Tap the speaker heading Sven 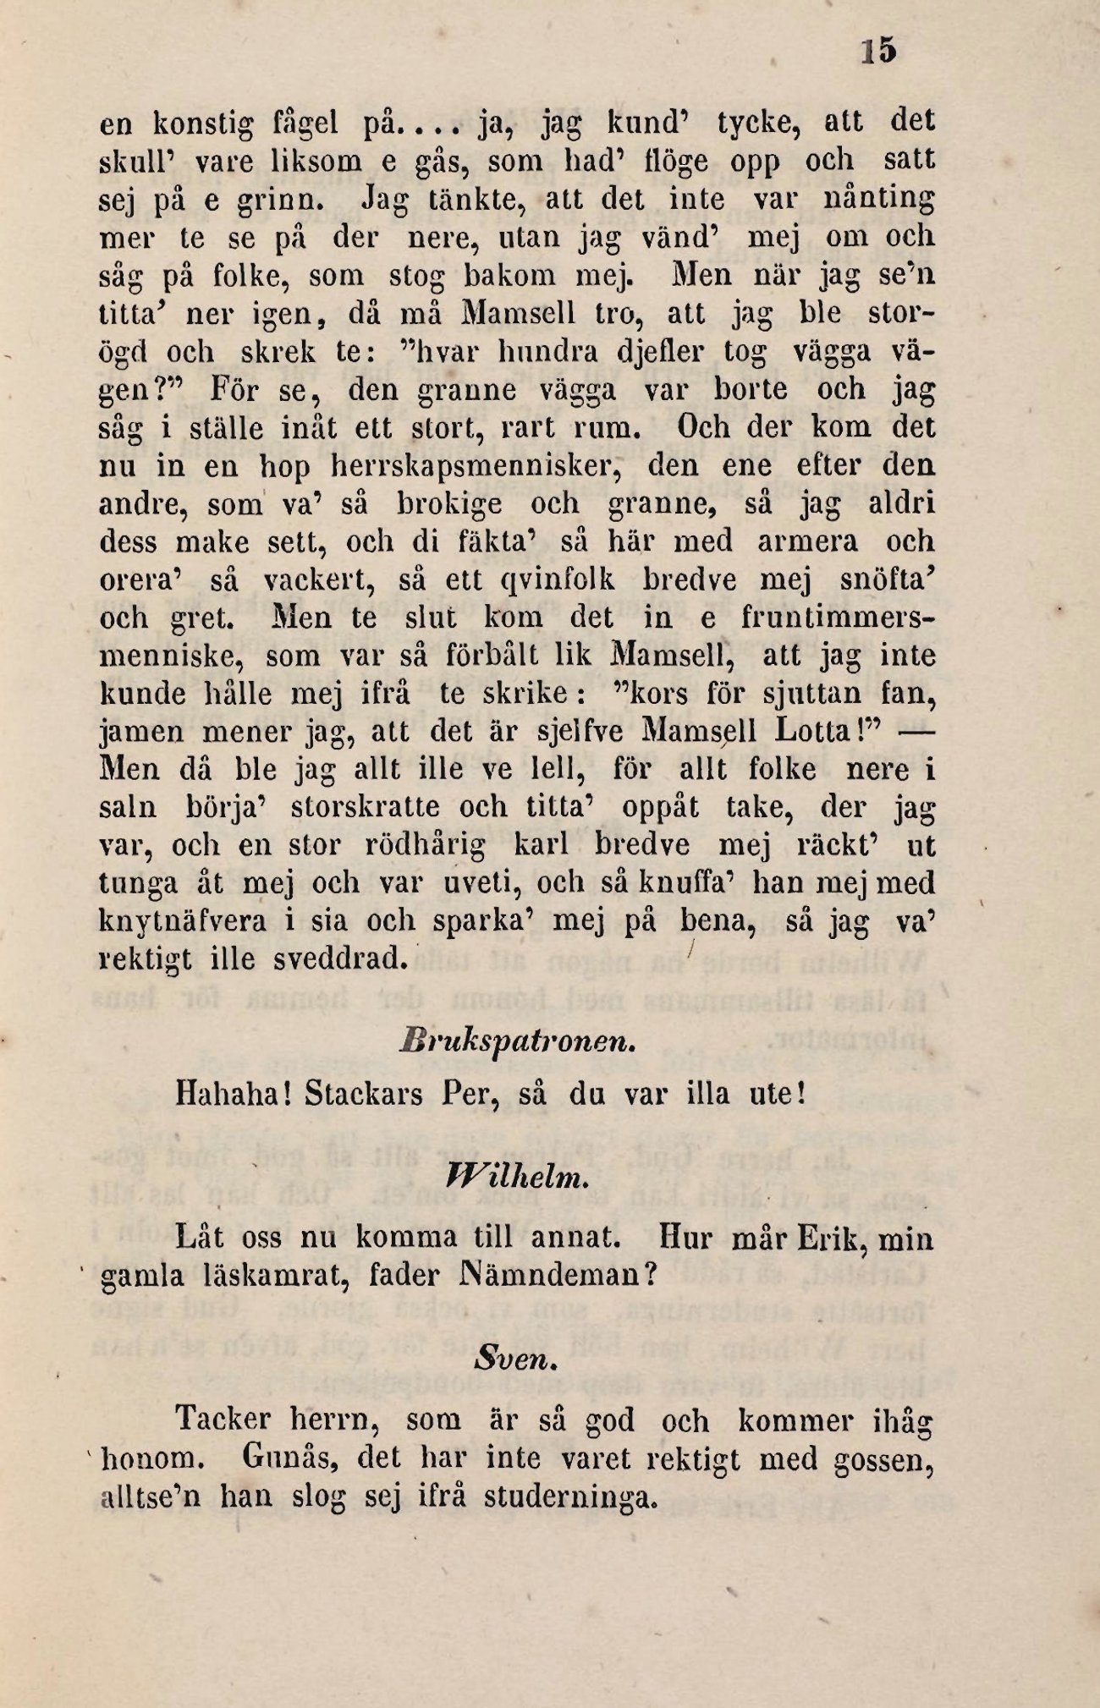[x=514, y=1361]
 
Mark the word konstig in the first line [x=203, y=124]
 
